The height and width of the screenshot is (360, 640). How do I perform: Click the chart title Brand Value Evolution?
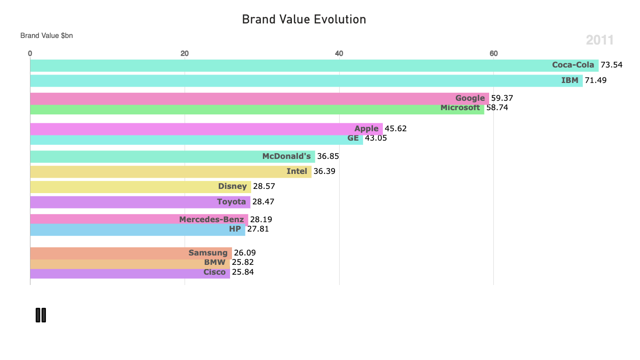pyautogui.click(x=304, y=20)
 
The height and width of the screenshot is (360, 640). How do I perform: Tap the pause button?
pyautogui.click(x=41, y=315)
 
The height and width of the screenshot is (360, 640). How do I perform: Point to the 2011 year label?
pyautogui.click(x=599, y=40)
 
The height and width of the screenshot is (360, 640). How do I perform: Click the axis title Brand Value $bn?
pyautogui.click(x=46, y=36)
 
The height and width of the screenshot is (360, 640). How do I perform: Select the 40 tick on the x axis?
pyautogui.click(x=339, y=53)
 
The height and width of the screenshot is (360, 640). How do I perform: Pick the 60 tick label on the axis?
pyautogui.click(x=493, y=53)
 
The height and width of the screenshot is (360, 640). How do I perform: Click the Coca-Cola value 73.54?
pyautogui.click(x=611, y=65)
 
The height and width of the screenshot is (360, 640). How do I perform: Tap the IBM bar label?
pyautogui.click(x=570, y=80)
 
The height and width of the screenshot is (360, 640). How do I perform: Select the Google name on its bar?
pyautogui.click(x=470, y=98)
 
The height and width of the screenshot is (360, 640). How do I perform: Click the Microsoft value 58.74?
pyautogui.click(x=497, y=107)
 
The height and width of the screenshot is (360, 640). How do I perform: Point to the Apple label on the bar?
pyautogui.click(x=366, y=128)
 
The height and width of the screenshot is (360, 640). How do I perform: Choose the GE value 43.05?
pyautogui.click(x=376, y=138)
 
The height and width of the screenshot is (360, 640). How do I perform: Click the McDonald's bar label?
pyautogui.click(x=286, y=156)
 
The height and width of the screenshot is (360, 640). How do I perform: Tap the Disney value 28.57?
pyautogui.click(x=264, y=186)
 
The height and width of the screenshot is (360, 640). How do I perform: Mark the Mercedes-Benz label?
pyautogui.click(x=211, y=219)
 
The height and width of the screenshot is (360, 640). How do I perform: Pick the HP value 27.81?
pyautogui.click(x=258, y=229)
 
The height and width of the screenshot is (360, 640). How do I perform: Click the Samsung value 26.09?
pyautogui.click(x=245, y=253)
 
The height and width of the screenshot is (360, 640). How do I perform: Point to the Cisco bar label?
pyautogui.click(x=214, y=272)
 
